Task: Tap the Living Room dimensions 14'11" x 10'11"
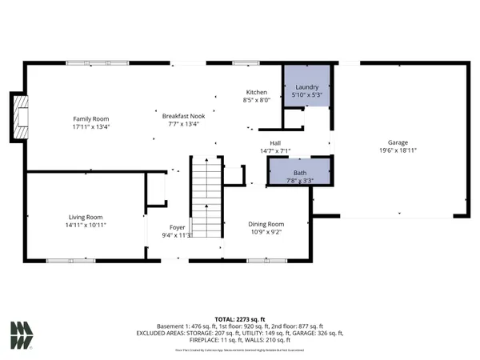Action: coord(84,226)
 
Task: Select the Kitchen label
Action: coord(256,92)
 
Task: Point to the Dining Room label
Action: coord(266,224)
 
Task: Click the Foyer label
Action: coord(178,227)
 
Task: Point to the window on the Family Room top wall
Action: coord(88,62)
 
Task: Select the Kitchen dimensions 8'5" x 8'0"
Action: coord(256,101)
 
